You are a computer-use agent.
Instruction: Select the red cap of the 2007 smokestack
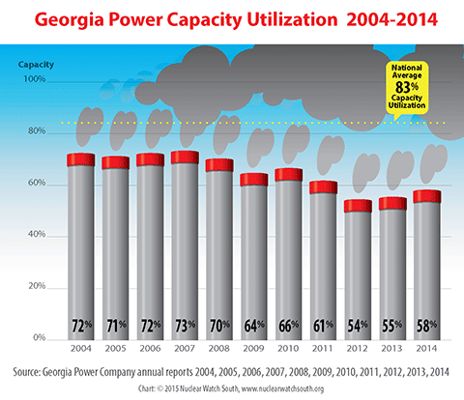tap(185, 157)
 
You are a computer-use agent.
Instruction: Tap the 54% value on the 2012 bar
tap(358, 324)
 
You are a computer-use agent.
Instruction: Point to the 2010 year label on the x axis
tap(289, 348)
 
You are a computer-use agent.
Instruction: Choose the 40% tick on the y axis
tap(36, 236)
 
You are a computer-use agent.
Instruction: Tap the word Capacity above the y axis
tap(36, 64)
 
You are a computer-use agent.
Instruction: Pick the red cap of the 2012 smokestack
tap(358, 206)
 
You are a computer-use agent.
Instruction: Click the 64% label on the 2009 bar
tap(254, 324)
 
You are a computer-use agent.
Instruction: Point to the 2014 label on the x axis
tap(427, 348)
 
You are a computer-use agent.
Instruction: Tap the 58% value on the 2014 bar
tap(427, 324)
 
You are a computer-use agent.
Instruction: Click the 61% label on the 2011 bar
tap(323, 324)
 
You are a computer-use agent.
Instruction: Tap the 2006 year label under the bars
tap(150, 348)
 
